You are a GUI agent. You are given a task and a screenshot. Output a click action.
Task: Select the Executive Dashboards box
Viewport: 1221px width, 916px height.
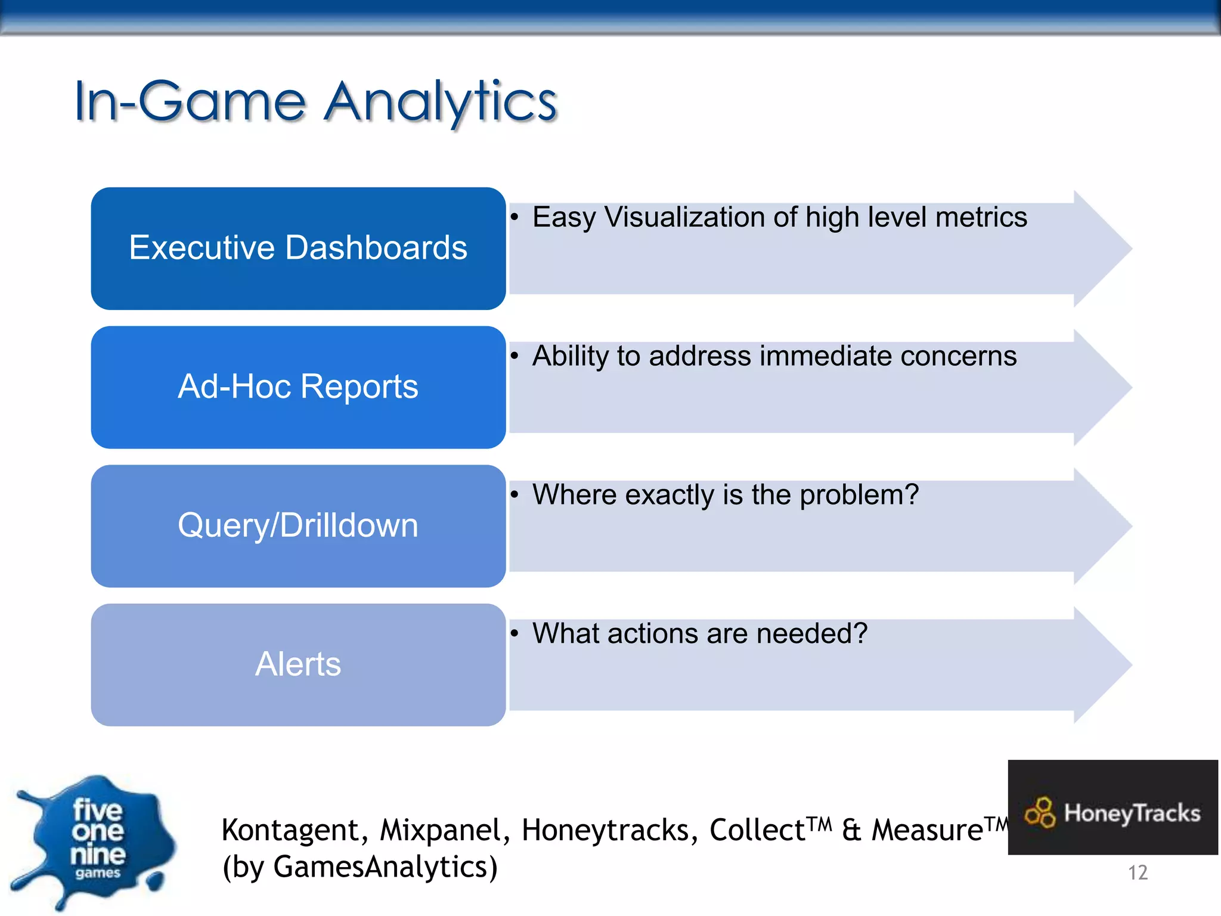click(x=298, y=248)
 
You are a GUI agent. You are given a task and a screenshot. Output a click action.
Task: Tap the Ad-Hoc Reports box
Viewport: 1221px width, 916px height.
click(x=298, y=386)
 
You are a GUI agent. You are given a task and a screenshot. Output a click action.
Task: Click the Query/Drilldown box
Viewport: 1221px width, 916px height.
click(x=298, y=525)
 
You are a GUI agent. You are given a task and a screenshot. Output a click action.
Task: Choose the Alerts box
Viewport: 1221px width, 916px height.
click(x=298, y=664)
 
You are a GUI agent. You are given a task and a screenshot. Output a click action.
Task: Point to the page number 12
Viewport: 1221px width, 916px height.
click(x=1138, y=872)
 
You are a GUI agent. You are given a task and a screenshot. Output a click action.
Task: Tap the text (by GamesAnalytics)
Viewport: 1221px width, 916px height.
click(x=360, y=867)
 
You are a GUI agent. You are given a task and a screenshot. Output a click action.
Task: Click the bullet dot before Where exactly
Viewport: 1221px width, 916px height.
click(x=515, y=494)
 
